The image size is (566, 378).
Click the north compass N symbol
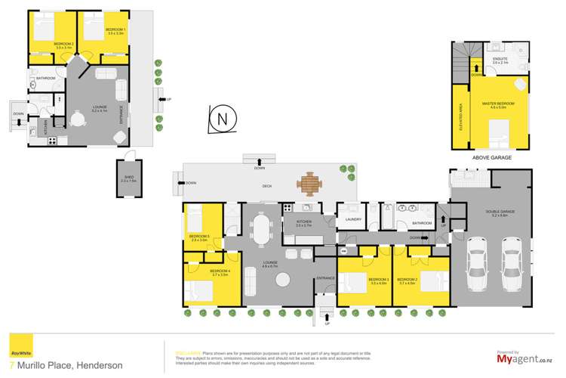point(221,119)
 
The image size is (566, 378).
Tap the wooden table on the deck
point(309,182)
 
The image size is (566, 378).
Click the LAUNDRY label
point(350,221)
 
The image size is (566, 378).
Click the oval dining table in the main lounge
point(262,231)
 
